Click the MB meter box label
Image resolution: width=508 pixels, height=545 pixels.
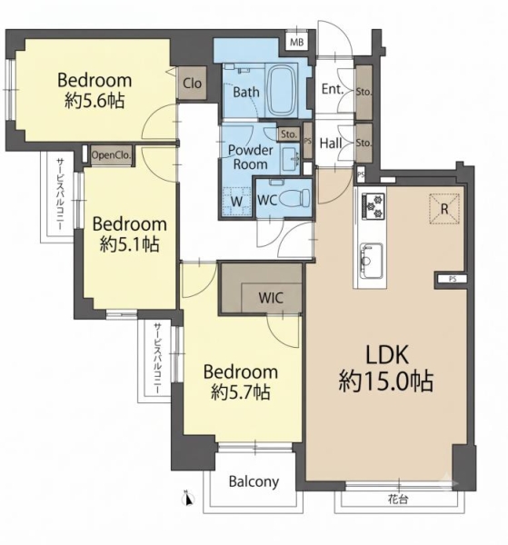(296, 43)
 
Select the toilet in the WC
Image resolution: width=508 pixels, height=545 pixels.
(294, 198)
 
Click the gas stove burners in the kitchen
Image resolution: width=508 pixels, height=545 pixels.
(374, 205)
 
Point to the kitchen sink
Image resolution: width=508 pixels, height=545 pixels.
(372, 261)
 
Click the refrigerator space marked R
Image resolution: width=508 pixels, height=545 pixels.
(444, 209)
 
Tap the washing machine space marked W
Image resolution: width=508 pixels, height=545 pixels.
(236, 202)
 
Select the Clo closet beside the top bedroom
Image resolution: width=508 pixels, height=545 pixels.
(192, 83)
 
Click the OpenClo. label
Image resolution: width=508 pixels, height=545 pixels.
(111, 155)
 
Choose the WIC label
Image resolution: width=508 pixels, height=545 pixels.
(271, 298)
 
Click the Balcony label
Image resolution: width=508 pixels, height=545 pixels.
(254, 482)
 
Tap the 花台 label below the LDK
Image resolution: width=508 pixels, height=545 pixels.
(398, 500)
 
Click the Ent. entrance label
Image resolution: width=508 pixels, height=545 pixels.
(333, 89)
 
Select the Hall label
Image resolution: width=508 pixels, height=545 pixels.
(331, 143)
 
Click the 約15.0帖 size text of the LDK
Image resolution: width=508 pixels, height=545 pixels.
(386, 381)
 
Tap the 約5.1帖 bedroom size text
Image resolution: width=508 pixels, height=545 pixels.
(129, 244)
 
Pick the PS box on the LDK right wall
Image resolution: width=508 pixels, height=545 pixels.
(453, 279)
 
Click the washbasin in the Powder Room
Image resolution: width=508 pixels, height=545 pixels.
(290, 159)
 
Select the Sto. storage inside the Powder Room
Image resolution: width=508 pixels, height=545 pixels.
(289, 134)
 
